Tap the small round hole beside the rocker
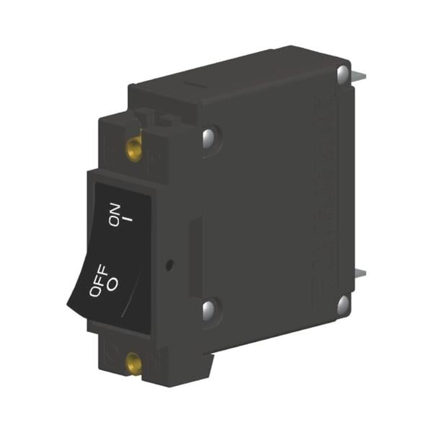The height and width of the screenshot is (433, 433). coord(168,265)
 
